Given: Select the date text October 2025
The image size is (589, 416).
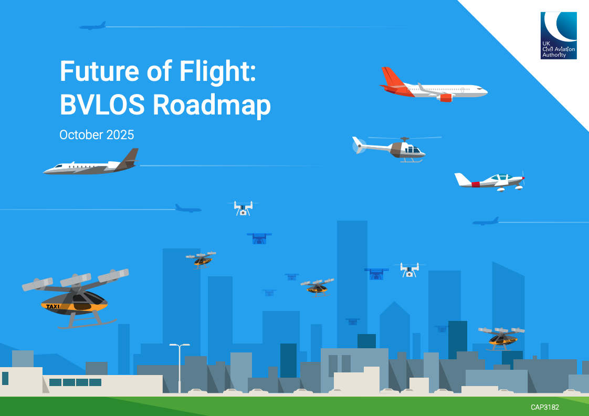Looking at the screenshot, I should [x=97, y=135].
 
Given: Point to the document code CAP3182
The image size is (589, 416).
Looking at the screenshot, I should [x=545, y=407].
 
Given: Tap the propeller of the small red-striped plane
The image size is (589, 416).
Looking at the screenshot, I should [x=523, y=179].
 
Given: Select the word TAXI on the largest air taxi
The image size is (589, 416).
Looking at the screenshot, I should [x=53, y=306].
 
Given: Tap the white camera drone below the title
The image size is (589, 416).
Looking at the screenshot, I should [x=243, y=208].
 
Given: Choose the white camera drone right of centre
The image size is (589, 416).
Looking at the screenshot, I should [x=409, y=269].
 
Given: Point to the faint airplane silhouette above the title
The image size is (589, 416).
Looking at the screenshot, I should [x=93, y=26].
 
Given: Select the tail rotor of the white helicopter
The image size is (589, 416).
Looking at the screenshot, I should [x=359, y=145].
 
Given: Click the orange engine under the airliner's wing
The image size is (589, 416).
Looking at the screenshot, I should [x=445, y=97].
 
